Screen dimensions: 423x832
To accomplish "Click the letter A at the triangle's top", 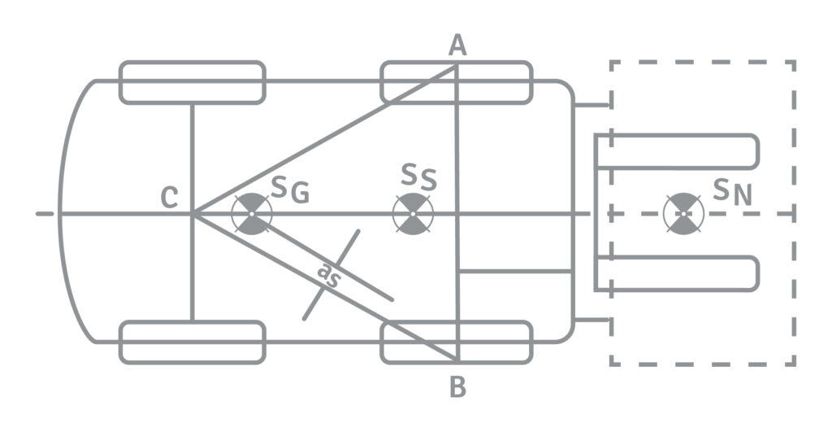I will point(457,47).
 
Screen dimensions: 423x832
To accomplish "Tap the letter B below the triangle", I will point(458,388).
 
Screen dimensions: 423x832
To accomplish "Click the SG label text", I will point(289,191).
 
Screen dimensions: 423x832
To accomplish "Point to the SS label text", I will point(418,177).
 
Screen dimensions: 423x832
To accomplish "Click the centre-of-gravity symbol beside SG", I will point(252,214).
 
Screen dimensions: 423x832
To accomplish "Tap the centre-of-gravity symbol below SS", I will point(413,214).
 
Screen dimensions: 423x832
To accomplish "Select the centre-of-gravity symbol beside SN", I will point(683,214).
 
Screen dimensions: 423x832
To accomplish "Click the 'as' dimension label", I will point(328,276).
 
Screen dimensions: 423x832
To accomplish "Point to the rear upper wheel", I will point(193,82).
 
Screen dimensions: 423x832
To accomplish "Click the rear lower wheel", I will point(193,342).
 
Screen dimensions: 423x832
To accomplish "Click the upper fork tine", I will point(678,151).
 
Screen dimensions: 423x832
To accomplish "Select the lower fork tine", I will point(678,273).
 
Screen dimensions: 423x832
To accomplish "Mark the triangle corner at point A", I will point(457,66).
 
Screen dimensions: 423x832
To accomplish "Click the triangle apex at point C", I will point(193,214).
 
